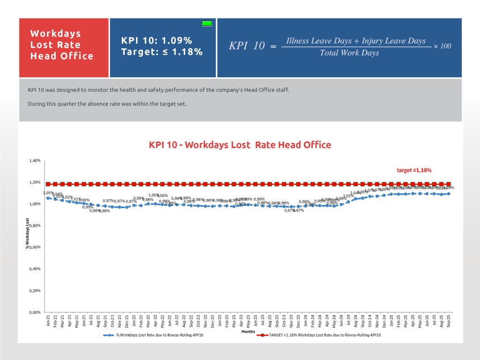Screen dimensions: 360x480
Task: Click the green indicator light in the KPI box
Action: click(207, 23)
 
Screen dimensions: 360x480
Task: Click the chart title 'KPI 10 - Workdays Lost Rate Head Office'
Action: click(240, 145)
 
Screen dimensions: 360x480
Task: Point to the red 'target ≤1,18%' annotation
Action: click(414, 170)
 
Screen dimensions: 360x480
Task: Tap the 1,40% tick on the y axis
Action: click(35, 161)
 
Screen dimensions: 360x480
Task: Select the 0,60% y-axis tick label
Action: click(35, 247)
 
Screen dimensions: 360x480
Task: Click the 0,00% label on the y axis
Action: click(35, 312)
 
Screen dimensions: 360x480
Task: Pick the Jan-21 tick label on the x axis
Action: click(49, 322)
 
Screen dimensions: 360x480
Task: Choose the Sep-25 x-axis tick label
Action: click(449, 322)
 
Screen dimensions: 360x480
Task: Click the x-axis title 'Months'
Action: click(248, 331)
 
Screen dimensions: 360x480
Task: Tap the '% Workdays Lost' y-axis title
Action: click(28, 233)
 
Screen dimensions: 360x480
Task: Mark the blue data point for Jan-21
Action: click(48, 198)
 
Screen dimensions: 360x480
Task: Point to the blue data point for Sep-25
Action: click(449, 194)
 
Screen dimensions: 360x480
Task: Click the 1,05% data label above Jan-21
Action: click(47, 193)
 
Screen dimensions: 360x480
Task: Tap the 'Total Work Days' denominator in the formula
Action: click(349, 53)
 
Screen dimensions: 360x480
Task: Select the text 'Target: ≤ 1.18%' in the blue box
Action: click(162, 52)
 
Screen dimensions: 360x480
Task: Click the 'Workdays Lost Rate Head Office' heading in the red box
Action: click(61, 45)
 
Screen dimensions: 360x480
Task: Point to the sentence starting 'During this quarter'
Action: click(107, 104)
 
